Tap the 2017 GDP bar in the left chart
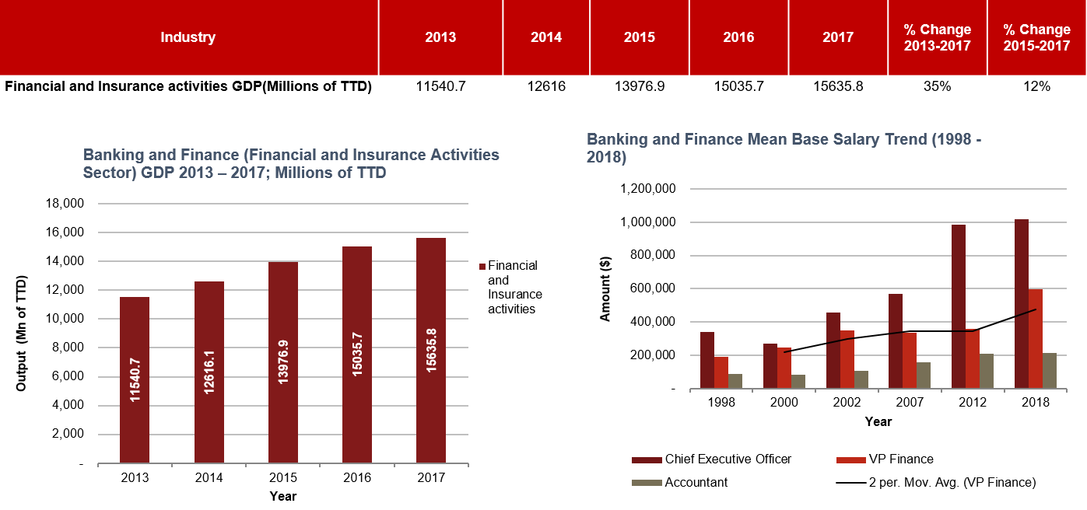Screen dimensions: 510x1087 click(x=431, y=350)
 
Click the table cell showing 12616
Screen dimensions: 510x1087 click(x=545, y=86)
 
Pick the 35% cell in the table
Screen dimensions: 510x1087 click(x=937, y=86)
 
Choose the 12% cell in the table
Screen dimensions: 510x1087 click(x=1036, y=86)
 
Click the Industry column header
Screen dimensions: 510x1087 click(x=188, y=37)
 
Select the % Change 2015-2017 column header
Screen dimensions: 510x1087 click(x=1036, y=37)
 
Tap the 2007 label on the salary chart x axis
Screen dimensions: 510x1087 click(x=910, y=402)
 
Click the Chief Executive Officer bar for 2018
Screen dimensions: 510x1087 click(x=1022, y=304)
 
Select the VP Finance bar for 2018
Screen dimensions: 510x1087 click(x=1036, y=338)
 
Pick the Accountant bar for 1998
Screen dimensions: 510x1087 click(x=735, y=381)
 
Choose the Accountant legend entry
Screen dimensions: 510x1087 click(x=696, y=482)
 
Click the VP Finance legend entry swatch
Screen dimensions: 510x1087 click(x=848, y=459)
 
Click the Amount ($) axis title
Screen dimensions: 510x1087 click(x=605, y=288)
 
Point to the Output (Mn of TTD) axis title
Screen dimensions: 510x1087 click(x=21, y=333)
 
